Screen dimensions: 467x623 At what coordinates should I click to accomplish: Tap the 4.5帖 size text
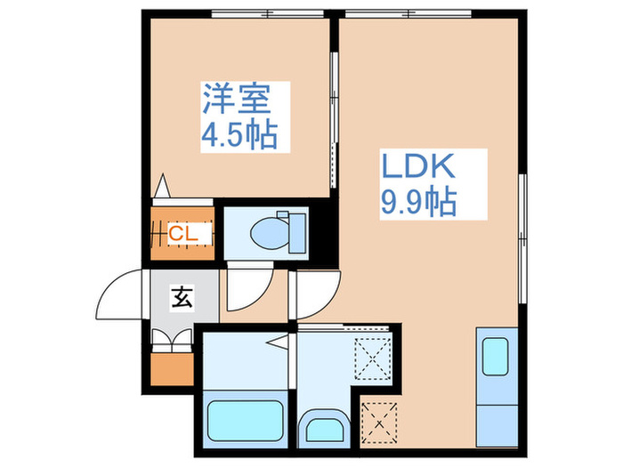tap(238, 135)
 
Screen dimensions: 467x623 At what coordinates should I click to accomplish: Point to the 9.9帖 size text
tap(418, 203)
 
